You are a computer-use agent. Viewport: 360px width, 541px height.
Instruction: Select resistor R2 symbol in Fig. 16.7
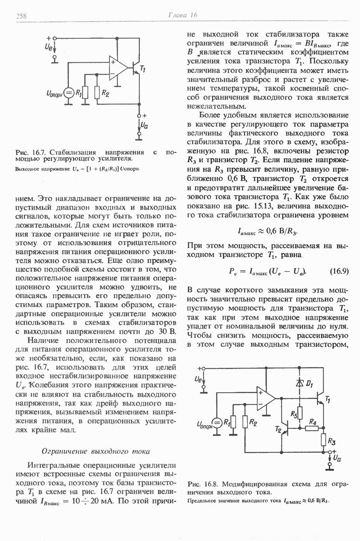pos(97,93)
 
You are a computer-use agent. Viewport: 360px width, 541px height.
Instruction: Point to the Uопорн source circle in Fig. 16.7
pos(69,93)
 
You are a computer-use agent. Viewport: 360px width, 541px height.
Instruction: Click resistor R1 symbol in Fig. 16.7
pos(85,93)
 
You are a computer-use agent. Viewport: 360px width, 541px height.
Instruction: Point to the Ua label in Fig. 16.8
pos(337,458)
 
